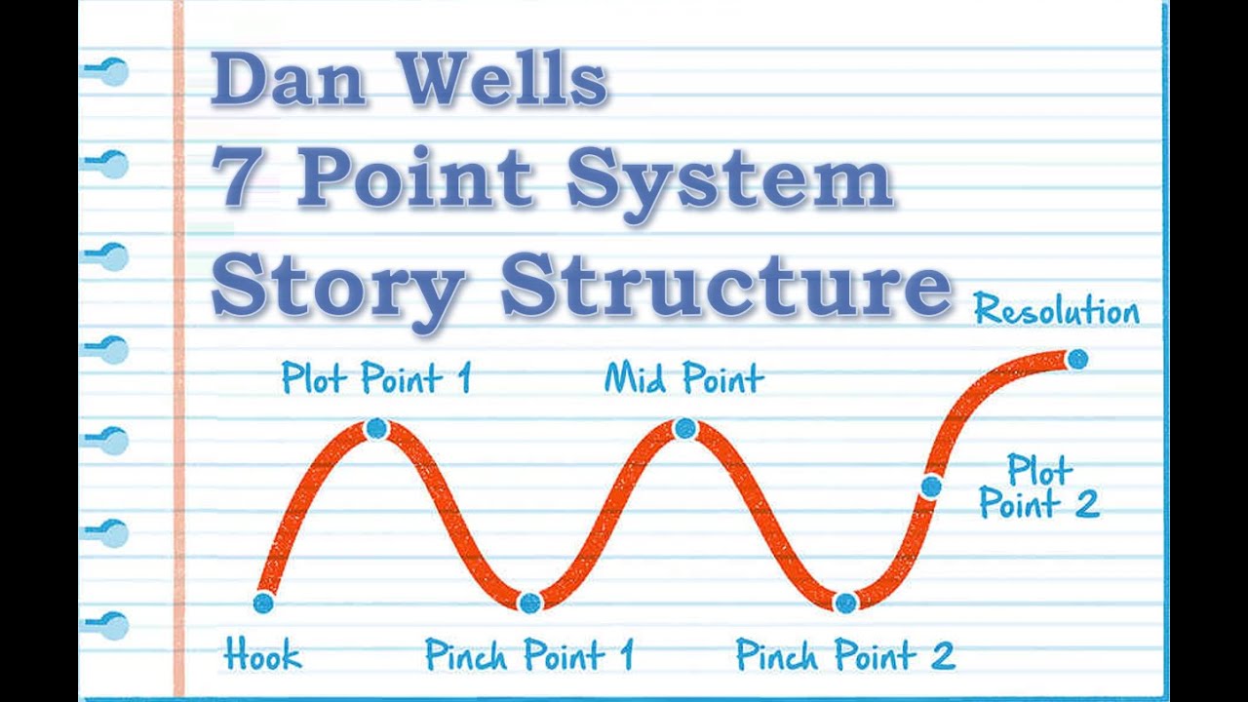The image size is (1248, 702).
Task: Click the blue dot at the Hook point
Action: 263,603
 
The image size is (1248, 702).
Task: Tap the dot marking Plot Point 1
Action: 376,428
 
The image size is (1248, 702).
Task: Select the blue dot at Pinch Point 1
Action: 529,603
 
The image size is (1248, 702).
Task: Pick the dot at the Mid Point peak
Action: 684,428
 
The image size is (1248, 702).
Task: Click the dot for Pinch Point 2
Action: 845,603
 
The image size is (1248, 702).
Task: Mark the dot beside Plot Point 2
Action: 931,486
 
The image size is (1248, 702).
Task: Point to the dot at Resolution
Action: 1077,359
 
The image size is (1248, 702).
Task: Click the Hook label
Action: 262,655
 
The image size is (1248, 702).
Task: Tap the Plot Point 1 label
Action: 376,377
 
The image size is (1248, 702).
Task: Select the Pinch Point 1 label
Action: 529,655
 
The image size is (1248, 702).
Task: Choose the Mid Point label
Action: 683,377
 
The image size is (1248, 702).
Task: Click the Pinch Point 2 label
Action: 844,655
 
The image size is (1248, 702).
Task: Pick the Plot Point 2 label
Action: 1039,487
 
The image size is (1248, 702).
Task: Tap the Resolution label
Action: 1056,311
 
